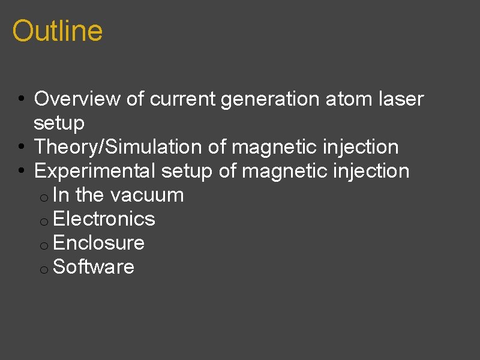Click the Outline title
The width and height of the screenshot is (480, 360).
57,31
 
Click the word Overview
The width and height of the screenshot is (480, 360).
77,99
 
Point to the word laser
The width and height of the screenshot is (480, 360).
401,99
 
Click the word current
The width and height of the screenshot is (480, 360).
182,99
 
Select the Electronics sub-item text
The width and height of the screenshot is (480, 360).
104,219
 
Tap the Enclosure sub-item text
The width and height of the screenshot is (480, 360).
98,243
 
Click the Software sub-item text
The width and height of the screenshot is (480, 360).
94,267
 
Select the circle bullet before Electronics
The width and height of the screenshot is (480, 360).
44,221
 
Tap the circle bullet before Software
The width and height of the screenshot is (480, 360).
44,269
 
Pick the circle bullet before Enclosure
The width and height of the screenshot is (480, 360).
44,245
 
